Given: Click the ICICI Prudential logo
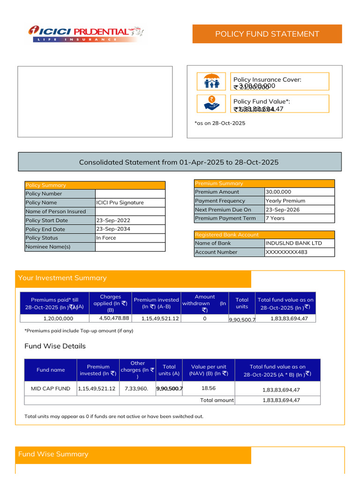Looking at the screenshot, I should (86, 33).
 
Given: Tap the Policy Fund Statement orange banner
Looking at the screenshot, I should (267, 34).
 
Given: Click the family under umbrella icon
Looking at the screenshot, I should (212, 82).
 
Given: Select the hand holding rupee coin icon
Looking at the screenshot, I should (212, 104).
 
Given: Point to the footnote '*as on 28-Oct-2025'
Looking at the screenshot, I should (220, 123).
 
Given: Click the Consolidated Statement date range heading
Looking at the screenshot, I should (179, 162).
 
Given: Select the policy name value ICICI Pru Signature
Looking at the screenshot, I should (120, 202).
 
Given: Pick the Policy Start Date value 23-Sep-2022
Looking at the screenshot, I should (113, 220).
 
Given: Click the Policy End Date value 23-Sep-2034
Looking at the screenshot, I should (113, 229).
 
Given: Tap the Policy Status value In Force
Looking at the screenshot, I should (106, 238).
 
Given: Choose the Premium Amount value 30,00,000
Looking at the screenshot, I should (278, 192).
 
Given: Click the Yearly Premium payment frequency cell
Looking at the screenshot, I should (285, 201).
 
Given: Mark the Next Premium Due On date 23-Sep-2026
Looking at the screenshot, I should (283, 210).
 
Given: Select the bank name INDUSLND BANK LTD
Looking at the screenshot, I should (293, 243).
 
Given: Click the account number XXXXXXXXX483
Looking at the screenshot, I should (286, 252).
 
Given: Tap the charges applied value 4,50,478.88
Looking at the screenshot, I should (114, 318).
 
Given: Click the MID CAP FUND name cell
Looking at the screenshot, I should (51, 389).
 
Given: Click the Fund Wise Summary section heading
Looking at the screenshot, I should (53, 454).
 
